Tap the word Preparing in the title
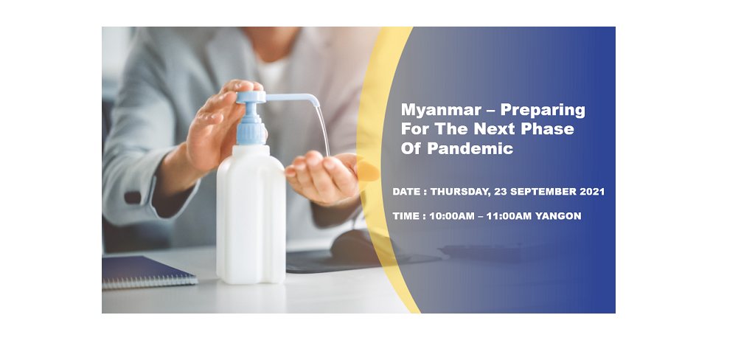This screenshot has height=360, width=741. pos(543,111)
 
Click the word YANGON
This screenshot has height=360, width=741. pos(557,216)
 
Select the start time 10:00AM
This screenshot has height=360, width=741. pos(452,216)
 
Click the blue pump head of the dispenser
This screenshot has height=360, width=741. pos(251,97)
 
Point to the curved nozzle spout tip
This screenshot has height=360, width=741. pos(316,103)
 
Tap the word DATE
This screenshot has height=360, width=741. pos(406,192)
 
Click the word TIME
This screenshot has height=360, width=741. pos(406,216)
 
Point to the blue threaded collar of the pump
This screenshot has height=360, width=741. pos(251,131)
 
